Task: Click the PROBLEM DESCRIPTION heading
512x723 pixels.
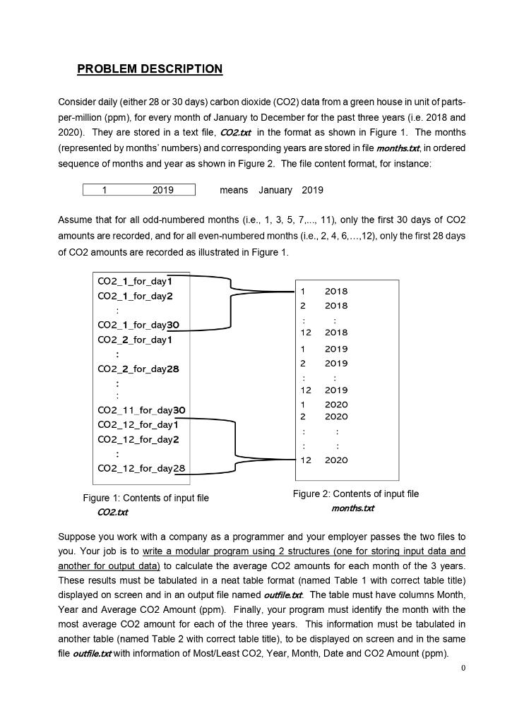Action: coord(150,69)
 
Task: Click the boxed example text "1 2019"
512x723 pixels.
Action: coord(138,190)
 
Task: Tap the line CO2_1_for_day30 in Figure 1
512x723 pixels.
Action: coord(138,325)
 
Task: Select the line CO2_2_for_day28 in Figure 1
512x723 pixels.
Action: coord(138,369)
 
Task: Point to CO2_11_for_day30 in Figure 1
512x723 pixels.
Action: coord(141,410)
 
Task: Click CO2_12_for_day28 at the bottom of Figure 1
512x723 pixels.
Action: coord(141,468)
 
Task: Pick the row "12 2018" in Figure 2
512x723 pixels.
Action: coord(324,333)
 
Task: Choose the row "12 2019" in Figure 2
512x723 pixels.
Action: coord(324,390)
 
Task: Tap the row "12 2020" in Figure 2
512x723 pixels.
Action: coord(324,460)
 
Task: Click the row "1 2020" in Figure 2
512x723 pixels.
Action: coord(324,405)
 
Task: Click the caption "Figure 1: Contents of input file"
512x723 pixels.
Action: coord(145,498)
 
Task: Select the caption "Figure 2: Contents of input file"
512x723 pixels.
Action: coord(356,494)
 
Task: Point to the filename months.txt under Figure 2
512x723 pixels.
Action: coord(353,508)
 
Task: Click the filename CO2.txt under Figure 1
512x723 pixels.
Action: coord(112,512)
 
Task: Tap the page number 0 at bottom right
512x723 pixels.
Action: coord(463,668)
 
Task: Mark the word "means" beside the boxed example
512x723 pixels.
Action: coord(234,190)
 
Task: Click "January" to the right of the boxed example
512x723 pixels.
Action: coord(275,190)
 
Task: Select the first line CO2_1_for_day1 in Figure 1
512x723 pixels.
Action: coord(135,282)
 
